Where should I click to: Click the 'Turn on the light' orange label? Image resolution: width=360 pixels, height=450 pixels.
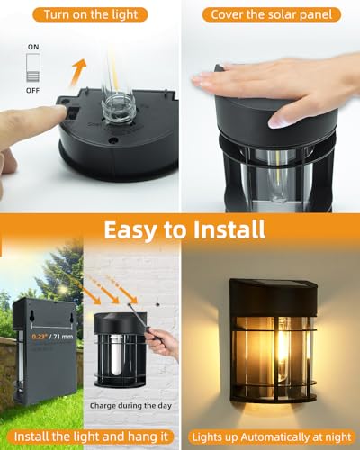tap(89, 14)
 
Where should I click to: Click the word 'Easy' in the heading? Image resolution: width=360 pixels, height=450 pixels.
tap(136, 230)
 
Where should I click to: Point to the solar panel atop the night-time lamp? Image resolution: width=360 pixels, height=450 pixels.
tap(270, 285)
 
